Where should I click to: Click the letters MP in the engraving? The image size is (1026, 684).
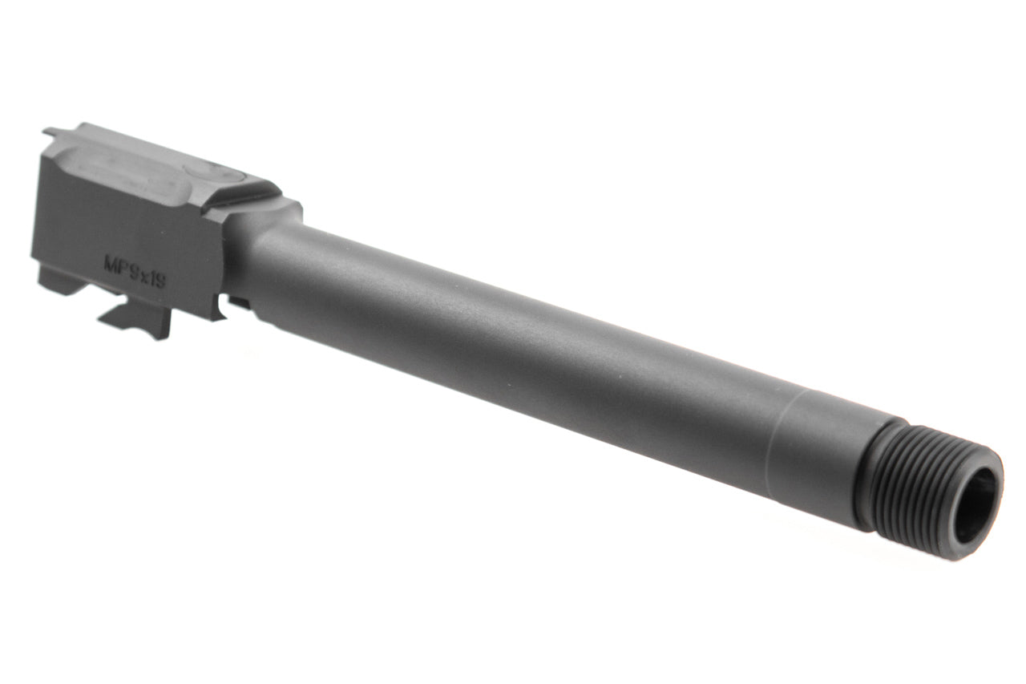[117, 262]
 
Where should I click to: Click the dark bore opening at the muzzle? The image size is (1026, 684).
[976, 506]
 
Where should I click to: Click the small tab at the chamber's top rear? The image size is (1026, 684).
[51, 132]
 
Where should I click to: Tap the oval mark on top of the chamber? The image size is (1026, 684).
[205, 172]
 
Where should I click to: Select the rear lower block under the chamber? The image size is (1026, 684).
[60, 281]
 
